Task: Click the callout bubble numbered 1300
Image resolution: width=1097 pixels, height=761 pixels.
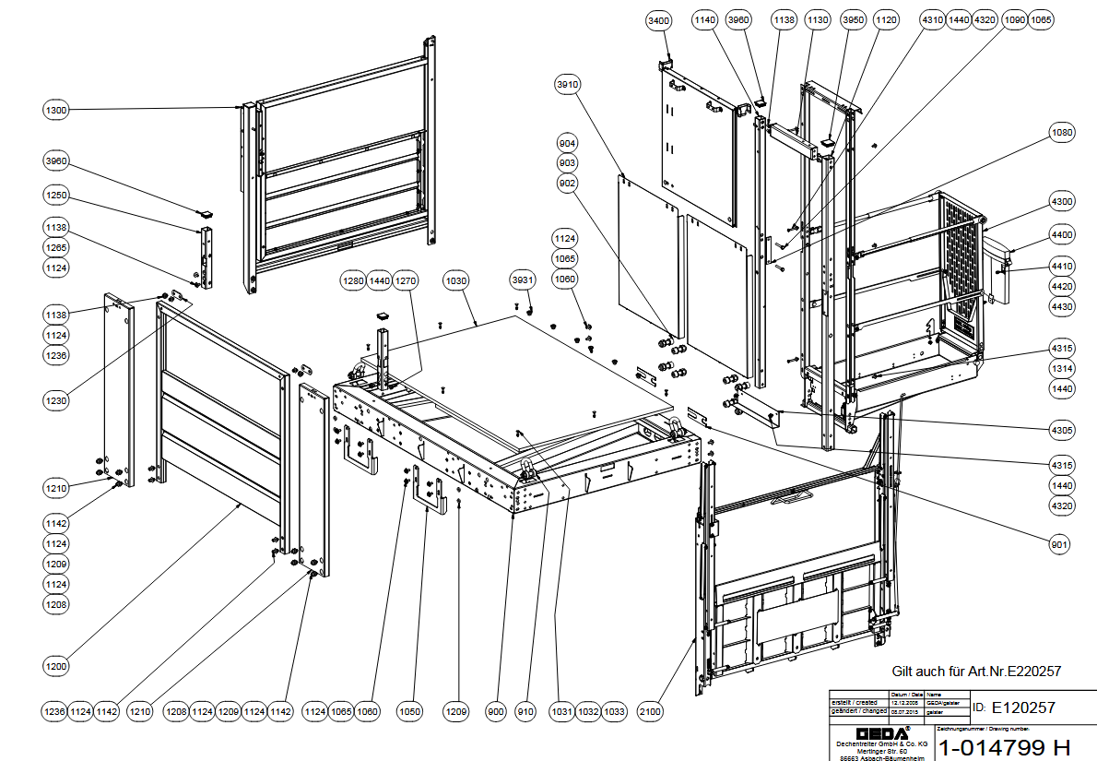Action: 56,110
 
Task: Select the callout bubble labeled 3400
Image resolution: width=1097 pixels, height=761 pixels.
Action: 659,19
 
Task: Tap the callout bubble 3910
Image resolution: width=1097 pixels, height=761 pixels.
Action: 568,85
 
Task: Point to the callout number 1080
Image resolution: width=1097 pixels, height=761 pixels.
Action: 1062,133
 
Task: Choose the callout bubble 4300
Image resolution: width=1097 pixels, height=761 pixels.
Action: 1062,202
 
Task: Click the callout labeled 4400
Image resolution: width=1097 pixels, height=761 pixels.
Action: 1062,235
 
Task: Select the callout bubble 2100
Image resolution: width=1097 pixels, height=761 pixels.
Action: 650,711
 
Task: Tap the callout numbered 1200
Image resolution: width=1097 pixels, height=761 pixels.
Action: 56,665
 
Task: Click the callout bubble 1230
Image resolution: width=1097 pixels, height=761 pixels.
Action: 56,400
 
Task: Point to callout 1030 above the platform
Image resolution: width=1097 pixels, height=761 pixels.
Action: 456,279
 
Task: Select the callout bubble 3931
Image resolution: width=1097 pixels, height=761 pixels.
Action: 523,279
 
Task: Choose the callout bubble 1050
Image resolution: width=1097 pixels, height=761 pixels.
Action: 410,711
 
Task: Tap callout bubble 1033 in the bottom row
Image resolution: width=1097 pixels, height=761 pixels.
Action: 615,711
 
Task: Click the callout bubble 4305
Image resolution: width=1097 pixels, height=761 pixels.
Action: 1062,429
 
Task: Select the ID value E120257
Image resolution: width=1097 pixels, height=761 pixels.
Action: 1022,707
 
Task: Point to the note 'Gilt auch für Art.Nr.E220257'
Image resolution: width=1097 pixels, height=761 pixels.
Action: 975,671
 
